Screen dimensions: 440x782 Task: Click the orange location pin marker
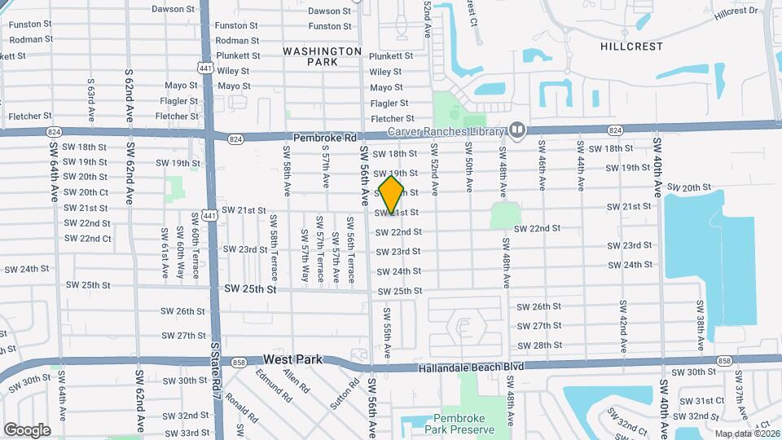click(391, 195)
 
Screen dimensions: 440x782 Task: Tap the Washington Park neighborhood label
click(322, 56)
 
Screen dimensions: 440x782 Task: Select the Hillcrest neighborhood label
click(631, 46)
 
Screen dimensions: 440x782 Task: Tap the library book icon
click(516, 130)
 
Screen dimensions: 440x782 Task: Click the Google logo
click(27, 429)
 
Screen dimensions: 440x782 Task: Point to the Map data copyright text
click(747, 433)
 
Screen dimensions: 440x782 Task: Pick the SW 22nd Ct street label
click(88, 238)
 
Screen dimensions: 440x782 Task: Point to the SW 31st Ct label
click(702, 400)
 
